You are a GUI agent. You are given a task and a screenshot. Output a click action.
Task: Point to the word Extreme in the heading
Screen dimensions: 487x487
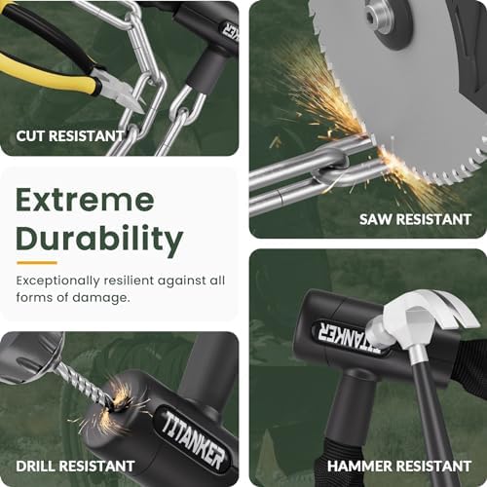pos(85,200)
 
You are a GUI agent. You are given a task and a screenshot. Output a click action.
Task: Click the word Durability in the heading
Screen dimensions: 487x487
pos(99,239)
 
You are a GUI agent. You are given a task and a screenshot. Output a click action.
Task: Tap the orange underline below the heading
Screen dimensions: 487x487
pos(37,263)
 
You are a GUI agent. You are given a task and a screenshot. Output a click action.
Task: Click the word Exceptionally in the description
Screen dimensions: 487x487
pos(57,281)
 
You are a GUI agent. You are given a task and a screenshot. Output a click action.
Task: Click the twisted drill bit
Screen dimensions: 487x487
pos(85,386)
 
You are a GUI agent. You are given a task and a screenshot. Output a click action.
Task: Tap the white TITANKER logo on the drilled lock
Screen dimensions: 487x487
pos(193,436)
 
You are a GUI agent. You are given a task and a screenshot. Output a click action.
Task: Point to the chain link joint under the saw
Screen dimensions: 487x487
pos(331,166)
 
